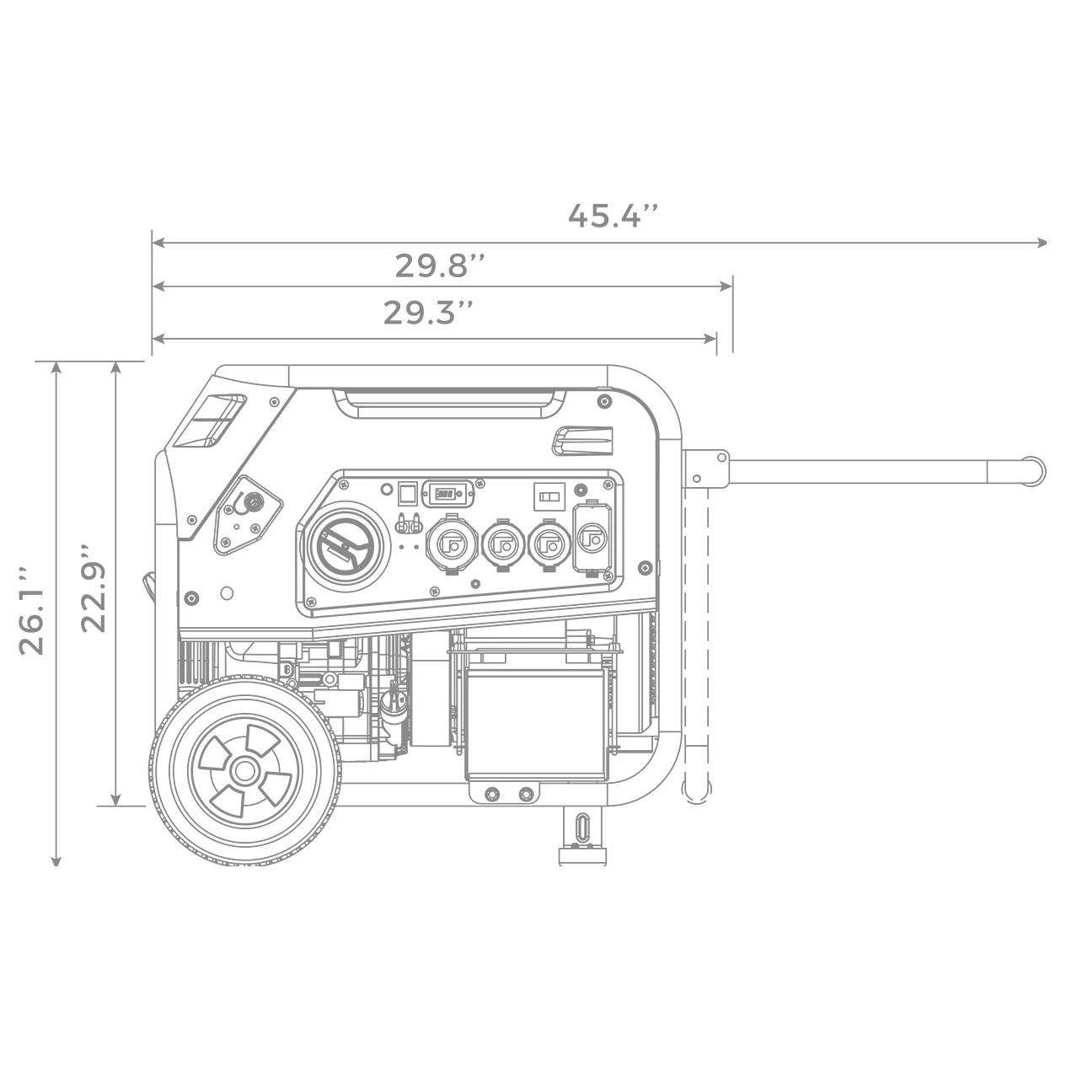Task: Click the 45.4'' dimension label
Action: [x=612, y=217]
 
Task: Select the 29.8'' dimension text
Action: [x=440, y=266]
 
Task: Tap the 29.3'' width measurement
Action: [x=427, y=313]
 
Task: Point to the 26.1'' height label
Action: [x=34, y=610]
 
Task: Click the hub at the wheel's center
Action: [x=244, y=769]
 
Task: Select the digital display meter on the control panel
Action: [x=447, y=493]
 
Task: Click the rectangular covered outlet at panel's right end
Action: [x=592, y=538]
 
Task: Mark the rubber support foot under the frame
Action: [x=582, y=855]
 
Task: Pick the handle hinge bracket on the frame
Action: [x=706, y=469]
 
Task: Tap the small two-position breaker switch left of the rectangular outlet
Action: [x=549, y=497]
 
